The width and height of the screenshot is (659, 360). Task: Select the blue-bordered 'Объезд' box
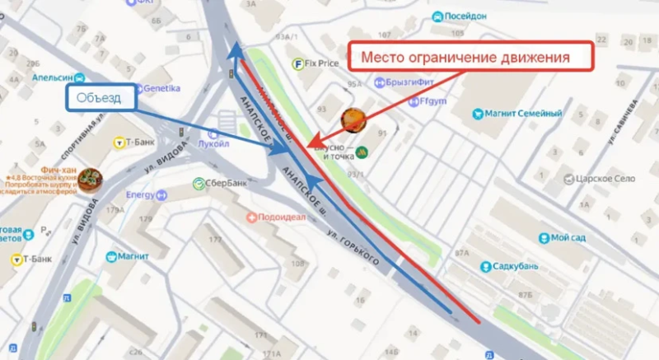[99, 98]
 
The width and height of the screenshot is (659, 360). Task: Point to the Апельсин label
[53, 77]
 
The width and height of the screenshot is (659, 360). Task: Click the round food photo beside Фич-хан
[92, 179]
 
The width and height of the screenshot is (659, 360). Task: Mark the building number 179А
[115, 210]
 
